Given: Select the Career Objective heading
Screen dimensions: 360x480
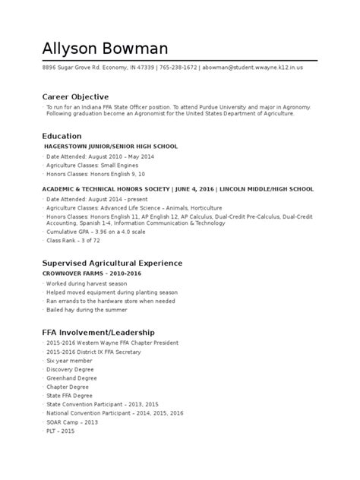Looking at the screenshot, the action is point(75,97).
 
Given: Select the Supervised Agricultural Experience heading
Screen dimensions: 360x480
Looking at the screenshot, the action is point(112,263).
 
